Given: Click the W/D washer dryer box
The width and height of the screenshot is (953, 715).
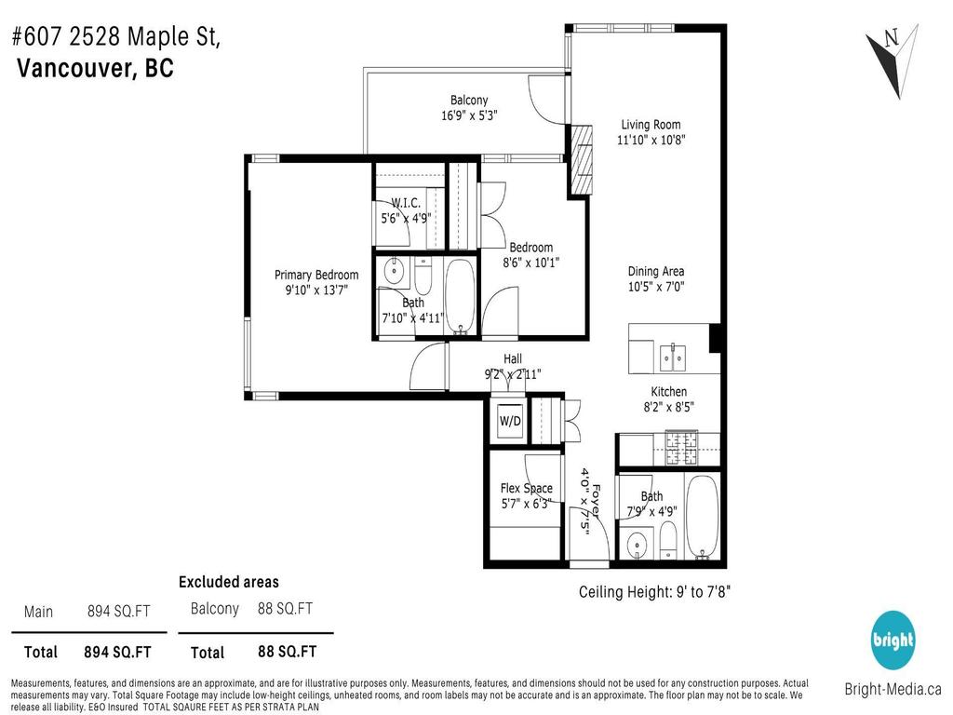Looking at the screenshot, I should point(510,420).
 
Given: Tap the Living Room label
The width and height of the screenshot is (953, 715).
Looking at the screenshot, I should point(651,125).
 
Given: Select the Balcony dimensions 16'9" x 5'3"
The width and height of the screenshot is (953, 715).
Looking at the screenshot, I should point(469,116).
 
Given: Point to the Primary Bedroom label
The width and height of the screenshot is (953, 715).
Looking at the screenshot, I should point(315,275).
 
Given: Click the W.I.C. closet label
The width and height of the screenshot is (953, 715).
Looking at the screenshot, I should point(406,203).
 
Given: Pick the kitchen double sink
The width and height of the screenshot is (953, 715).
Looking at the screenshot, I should point(673,356).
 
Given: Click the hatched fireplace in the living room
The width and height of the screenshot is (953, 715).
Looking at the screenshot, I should point(581,159).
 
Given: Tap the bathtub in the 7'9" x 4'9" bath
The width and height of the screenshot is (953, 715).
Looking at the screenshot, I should point(703,518).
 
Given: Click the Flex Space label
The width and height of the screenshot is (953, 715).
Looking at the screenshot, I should point(526,489).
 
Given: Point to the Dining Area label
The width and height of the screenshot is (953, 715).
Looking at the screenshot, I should point(655,272).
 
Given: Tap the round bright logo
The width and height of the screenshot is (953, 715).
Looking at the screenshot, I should point(893,641).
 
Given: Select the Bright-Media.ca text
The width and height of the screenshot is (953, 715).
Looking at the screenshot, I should point(893,690).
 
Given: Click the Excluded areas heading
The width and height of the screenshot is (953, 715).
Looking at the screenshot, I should point(228,582).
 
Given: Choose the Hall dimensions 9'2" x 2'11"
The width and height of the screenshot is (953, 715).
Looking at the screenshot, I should point(512,374).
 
